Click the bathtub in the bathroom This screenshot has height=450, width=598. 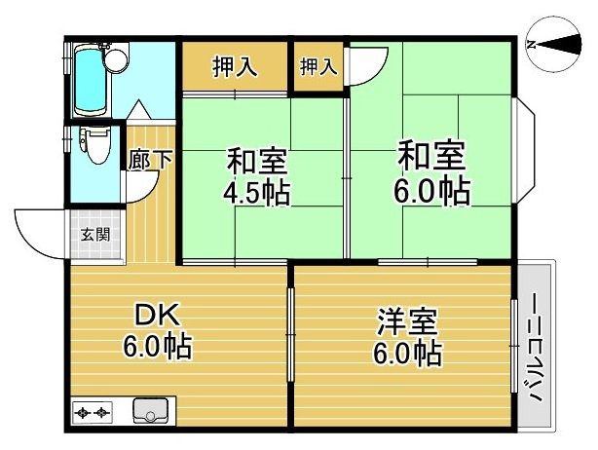pyautogui.click(x=90, y=80)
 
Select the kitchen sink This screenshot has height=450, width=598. pyautogui.click(x=151, y=411)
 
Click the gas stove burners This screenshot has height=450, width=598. pyautogui.click(x=93, y=412)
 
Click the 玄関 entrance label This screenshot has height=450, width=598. pyautogui.click(x=94, y=235)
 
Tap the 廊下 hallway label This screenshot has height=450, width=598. pyautogui.click(x=150, y=160)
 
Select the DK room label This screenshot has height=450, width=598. pyautogui.click(x=158, y=315)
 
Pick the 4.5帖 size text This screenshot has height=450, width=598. pyautogui.click(x=256, y=193)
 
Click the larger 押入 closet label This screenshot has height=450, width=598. pyautogui.click(x=234, y=67)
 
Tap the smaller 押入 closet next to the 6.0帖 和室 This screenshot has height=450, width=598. pyautogui.click(x=318, y=67)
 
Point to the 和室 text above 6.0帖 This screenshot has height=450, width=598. pyautogui.click(x=431, y=156)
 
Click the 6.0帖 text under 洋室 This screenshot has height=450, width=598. pyautogui.click(x=407, y=354)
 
